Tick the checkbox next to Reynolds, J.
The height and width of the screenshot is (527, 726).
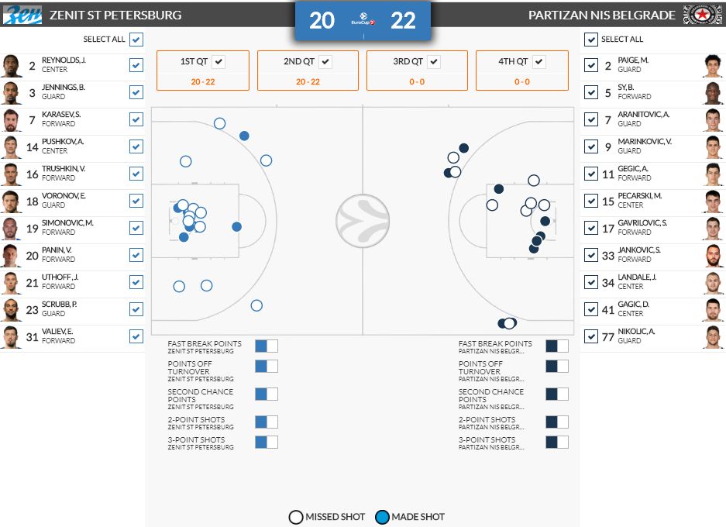pyautogui.click(x=136, y=65)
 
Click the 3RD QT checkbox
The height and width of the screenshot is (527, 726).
pyautogui.click(x=434, y=61)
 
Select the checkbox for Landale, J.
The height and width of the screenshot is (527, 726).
pyautogui.click(x=591, y=282)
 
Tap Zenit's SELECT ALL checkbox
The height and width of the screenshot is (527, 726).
pyautogui.click(x=136, y=40)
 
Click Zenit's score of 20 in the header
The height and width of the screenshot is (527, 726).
pyautogui.click(x=322, y=21)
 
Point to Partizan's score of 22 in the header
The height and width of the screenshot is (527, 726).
pyautogui.click(x=403, y=21)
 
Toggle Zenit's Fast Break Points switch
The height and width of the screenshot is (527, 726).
pyautogui.click(x=267, y=346)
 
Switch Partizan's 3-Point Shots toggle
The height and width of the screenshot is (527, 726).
pyautogui.click(x=557, y=442)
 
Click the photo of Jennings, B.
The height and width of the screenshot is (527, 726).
pyautogui.click(x=11, y=93)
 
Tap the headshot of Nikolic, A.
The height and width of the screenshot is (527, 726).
pyautogui.click(x=714, y=336)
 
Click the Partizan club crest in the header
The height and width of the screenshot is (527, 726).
pyautogui.click(x=702, y=15)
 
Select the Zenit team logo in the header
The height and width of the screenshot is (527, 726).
pyautogui.click(x=22, y=15)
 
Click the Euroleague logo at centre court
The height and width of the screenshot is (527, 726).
pyautogui.click(x=363, y=221)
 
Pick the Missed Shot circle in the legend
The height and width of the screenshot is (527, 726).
pyautogui.click(x=296, y=517)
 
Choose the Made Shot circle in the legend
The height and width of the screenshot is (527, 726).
pyautogui.click(x=382, y=517)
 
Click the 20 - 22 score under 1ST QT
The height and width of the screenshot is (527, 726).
pyautogui.click(x=203, y=82)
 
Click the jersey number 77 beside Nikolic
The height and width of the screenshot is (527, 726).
pyautogui.click(x=608, y=337)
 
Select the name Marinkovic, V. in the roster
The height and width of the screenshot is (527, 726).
pyautogui.click(x=645, y=142)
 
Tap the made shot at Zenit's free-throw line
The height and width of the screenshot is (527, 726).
pyautogui.click(x=236, y=227)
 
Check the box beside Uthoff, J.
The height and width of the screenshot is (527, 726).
pyautogui.click(x=136, y=282)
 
